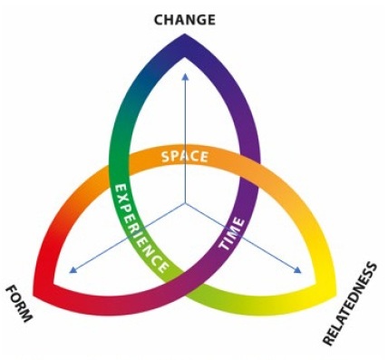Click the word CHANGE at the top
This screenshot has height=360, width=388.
(184, 20)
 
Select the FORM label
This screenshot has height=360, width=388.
(19, 303)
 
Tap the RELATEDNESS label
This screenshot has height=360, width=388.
(350, 304)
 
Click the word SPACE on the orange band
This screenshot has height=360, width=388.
(185, 157)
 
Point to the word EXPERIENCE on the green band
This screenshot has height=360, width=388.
(141, 228)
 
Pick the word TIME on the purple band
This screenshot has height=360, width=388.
(232, 234)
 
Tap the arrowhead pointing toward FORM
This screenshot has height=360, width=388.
(73, 270)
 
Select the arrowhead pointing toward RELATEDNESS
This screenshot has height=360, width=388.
(297, 270)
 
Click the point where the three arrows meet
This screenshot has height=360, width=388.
(185, 204)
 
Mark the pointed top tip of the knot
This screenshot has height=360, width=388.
(185, 34)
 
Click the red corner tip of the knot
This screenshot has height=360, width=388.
(34, 294)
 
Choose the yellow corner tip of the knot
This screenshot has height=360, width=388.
(335, 293)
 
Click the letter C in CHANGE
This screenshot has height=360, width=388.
(160, 20)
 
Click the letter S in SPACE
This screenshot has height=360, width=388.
(167, 157)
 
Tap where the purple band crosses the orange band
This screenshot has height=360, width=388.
(249, 170)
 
